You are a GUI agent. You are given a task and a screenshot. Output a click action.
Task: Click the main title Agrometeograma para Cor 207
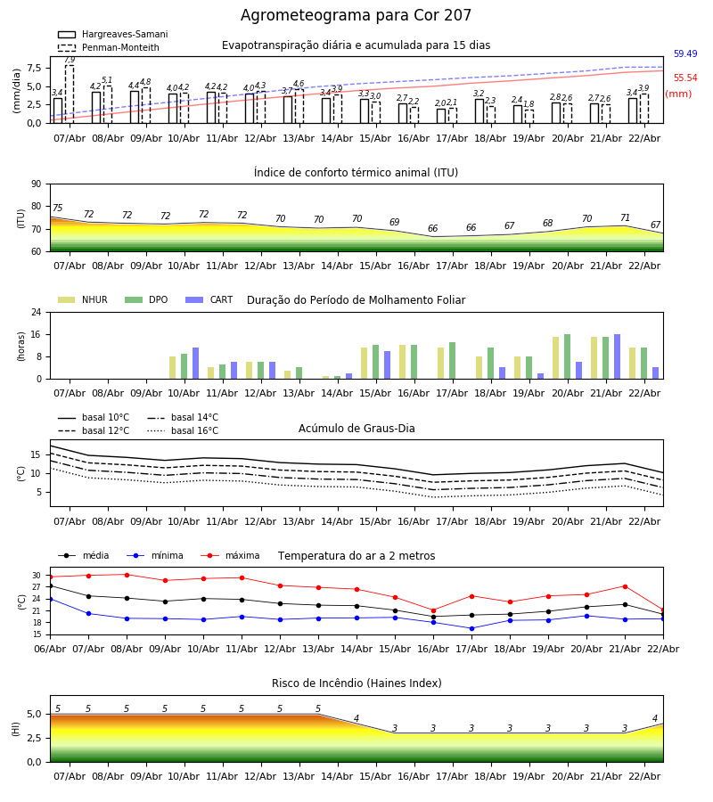coord(356,16)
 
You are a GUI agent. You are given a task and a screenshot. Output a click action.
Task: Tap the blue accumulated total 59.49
coord(685,54)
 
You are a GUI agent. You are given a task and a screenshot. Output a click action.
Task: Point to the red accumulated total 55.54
coord(685,78)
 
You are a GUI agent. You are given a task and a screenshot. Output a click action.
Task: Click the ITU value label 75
coord(57,209)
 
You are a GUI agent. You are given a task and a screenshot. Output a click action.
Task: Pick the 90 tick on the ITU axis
coord(36,184)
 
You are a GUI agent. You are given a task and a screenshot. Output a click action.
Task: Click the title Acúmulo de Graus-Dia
coord(356,429)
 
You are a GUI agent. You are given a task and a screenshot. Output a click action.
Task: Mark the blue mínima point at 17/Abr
coord(471,628)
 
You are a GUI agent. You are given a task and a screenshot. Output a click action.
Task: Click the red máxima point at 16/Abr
coord(433,610)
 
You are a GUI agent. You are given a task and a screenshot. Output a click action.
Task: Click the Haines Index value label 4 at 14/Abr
coord(356,719)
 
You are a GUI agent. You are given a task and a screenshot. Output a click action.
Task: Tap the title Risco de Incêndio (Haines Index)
coord(356,683)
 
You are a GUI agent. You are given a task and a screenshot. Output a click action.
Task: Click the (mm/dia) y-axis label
coord(17,90)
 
